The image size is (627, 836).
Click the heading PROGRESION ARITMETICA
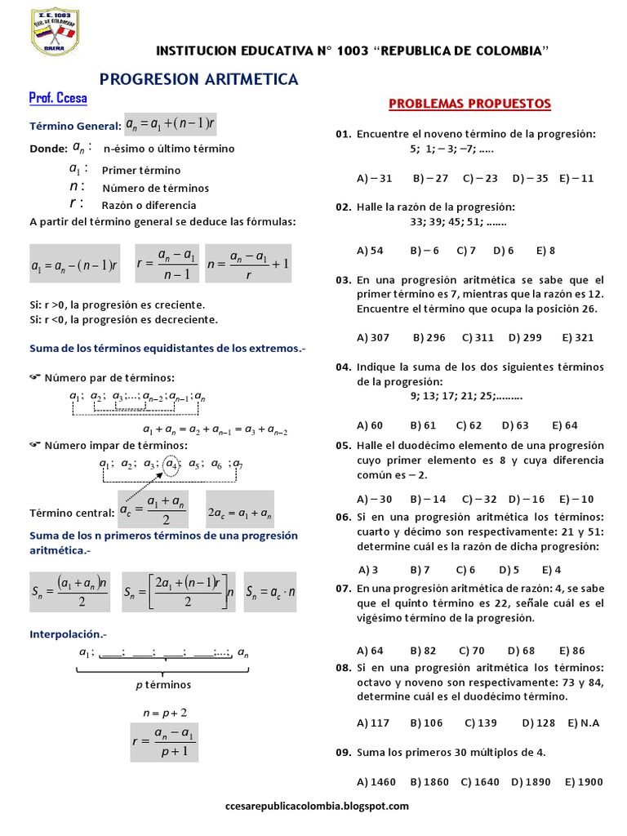point(198,79)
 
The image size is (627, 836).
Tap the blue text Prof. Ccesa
point(57,99)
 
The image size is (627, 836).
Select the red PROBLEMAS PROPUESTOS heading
point(469,104)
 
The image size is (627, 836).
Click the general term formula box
point(171,124)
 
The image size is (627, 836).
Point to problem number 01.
point(342,133)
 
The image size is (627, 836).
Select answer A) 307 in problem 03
point(373,336)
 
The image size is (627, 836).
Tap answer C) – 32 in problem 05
point(479,499)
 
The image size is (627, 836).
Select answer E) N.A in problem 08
point(583,723)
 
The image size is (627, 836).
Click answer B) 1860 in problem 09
point(429,781)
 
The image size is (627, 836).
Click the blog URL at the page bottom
point(316,806)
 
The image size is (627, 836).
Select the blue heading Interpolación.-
point(68,634)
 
